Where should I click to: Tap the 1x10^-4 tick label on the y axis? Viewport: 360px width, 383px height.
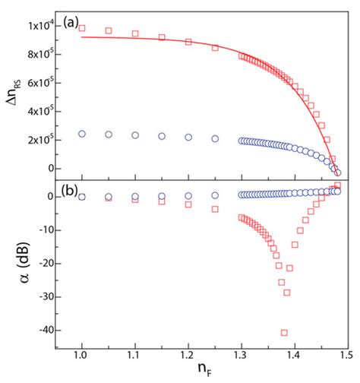pyautogui.click(x=46, y=27)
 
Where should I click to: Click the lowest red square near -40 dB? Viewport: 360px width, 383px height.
pyautogui.click(x=284, y=332)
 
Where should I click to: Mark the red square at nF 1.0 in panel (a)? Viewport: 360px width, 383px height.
pyautogui.click(x=82, y=28)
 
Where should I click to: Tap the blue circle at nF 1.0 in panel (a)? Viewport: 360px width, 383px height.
pyautogui.click(x=82, y=134)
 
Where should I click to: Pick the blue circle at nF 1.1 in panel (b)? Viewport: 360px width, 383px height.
pyautogui.click(x=135, y=196)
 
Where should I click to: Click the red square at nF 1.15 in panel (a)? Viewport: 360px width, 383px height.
pyautogui.click(x=162, y=37)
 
